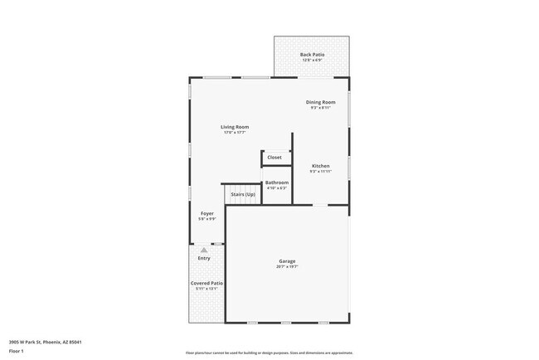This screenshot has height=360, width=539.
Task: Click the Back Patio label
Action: point(313,55)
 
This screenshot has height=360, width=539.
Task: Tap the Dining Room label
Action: point(321,102)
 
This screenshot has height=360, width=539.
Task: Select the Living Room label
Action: point(235,127)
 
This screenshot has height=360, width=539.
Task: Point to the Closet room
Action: point(274,157)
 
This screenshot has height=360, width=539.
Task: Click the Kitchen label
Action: point(321,166)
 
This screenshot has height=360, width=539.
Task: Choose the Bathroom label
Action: point(277,182)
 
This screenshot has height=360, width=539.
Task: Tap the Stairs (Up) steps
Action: point(237,193)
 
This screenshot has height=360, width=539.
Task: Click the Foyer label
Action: point(207,214)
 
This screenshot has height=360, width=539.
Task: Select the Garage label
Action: point(287,261)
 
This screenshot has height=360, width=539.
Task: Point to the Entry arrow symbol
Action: point(204,249)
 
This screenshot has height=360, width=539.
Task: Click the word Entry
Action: point(204,258)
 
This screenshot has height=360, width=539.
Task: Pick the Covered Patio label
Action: point(206,283)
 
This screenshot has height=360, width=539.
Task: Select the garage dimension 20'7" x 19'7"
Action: point(287,267)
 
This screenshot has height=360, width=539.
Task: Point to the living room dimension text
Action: point(235,133)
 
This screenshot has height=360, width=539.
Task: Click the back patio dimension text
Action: point(313,61)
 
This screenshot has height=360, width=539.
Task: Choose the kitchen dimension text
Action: point(321,172)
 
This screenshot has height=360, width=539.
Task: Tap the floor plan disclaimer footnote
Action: point(269,352)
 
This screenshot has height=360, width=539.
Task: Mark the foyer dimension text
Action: point(207,220)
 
